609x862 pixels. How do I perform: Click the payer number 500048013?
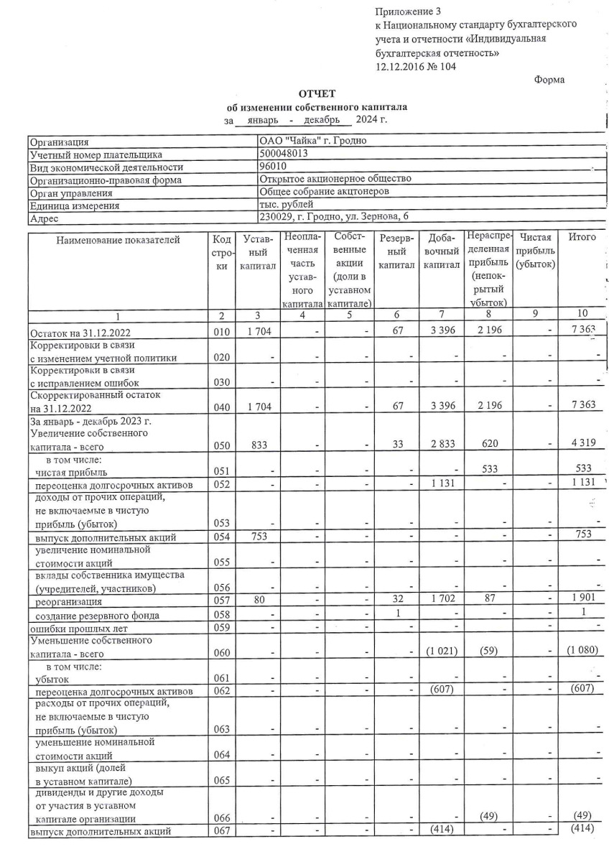(x=284, y=154)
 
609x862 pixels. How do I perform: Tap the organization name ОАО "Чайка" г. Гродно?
(x=312, y=141)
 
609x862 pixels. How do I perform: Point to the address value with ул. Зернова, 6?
(x=336, y=218)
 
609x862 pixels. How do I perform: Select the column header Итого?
(x=582, y=237)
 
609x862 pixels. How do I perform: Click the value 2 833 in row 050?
(x=441, y=445)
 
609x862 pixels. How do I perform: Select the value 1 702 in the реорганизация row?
(x=441, y=601)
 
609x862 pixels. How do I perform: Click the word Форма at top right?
(x=549, y=80)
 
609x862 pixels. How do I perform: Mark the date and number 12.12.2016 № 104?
(x=415, y=67)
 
